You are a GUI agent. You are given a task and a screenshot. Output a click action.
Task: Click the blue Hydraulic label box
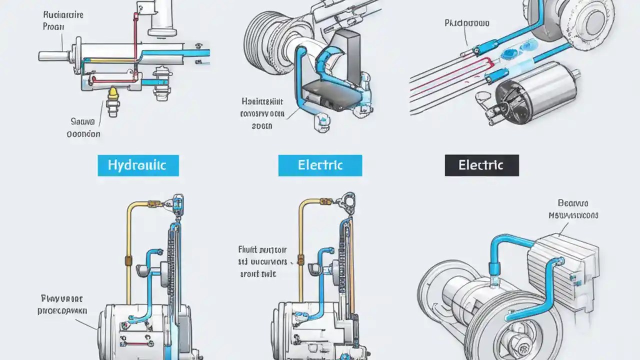(138, 165)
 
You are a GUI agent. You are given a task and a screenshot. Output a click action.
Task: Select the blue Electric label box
(320, 165)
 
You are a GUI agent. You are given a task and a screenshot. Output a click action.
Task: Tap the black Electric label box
(481, 165)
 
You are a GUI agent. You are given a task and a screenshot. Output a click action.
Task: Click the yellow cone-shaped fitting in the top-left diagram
(113, 93)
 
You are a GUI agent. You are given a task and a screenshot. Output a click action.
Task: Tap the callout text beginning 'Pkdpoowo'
(466, 23)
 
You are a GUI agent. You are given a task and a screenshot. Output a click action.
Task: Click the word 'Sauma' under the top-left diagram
(83, 121)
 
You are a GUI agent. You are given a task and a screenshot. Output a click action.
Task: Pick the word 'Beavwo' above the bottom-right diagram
(572, 203)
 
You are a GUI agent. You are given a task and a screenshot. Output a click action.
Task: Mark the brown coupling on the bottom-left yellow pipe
(127, 260)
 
